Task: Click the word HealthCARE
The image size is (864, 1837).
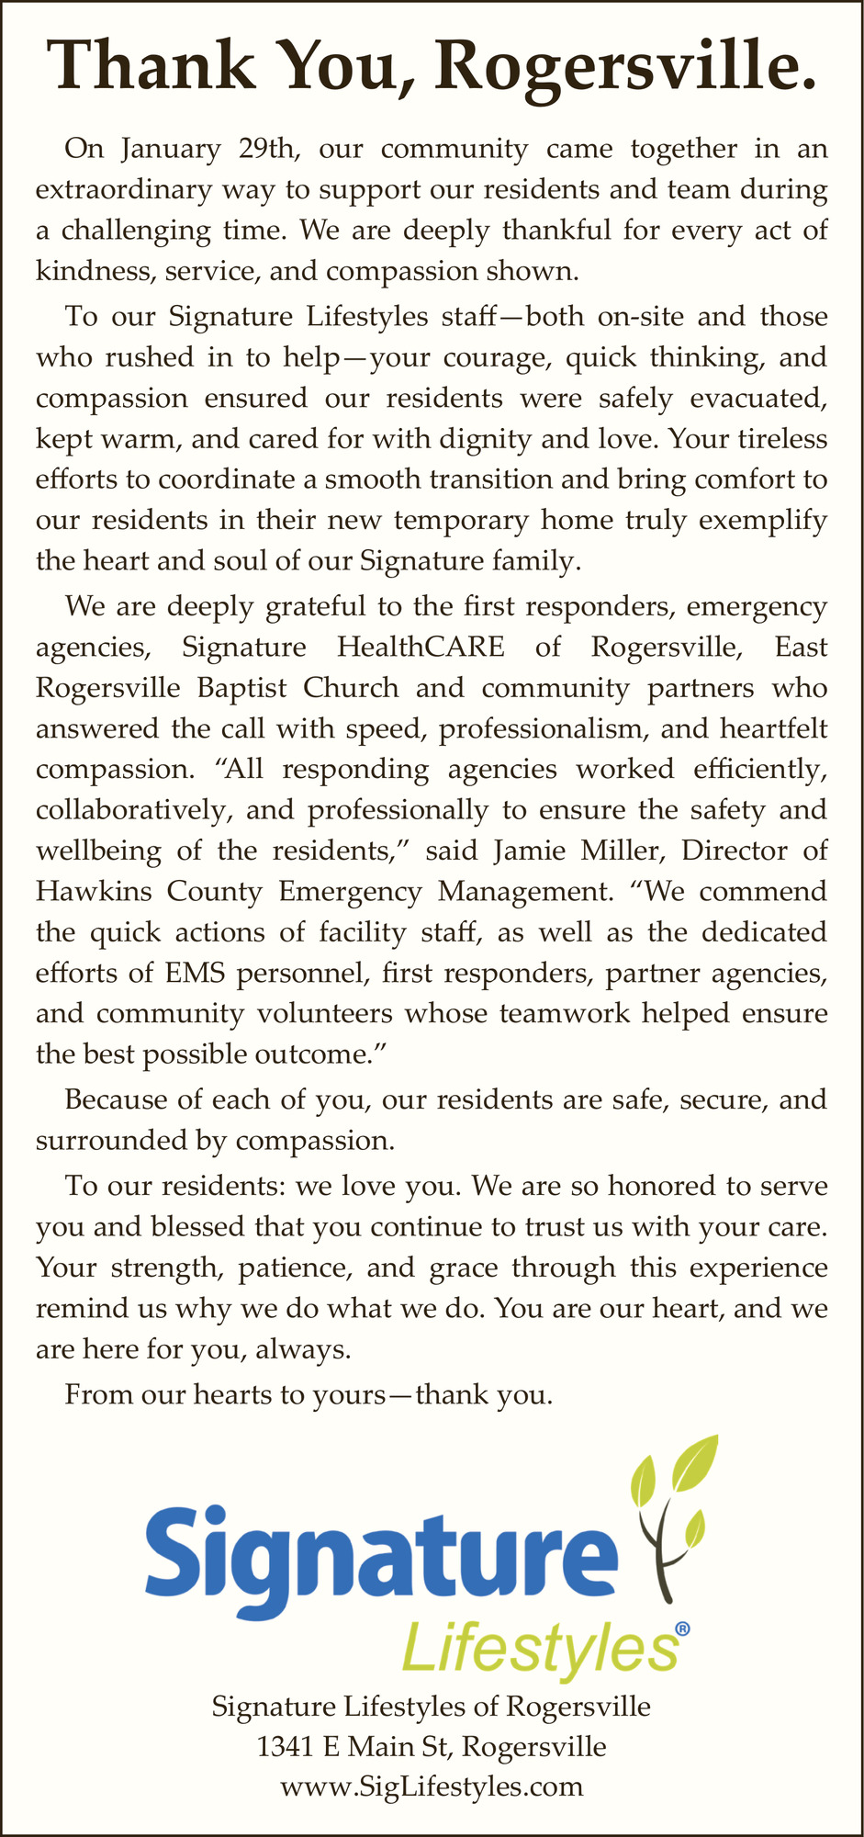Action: [x=421, y=647]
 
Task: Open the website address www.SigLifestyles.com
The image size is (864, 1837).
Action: [x=432, y=1786]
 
